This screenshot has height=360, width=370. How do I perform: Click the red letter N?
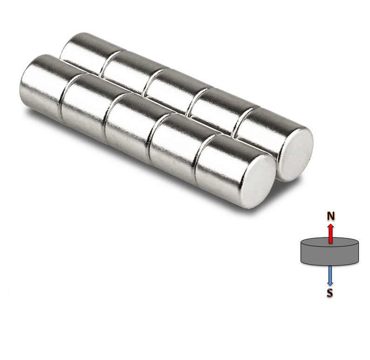point(330,216)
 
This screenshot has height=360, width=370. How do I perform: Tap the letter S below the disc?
point(330,293)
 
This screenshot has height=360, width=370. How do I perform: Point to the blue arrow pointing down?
point(330,275)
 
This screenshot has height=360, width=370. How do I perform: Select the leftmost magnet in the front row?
point(40,86)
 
